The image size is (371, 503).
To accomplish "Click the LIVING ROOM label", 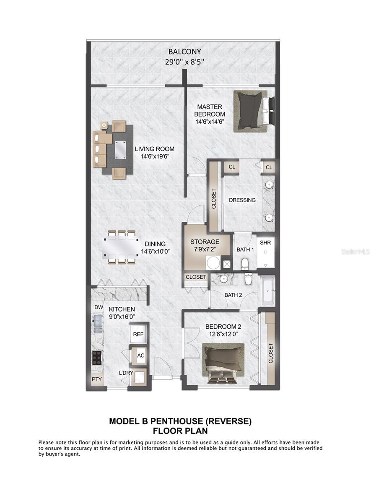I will click(x=154, y=149).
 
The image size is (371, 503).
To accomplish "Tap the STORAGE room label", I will click(x=205, y=242).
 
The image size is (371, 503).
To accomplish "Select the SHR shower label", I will click(x=265, y=243).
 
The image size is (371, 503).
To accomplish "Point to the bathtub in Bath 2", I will click(x=267, y=290).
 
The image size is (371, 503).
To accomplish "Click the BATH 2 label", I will click(x=233, y=295).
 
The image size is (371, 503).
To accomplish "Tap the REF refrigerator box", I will click(x=138, y=334).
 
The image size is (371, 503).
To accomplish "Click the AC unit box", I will click(x=141, y=355).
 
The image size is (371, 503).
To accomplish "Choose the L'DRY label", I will click(x=126, y=373).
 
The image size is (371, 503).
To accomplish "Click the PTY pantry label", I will click(x=97, y=380).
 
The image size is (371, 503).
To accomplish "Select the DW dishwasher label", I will click(x=99, y=307).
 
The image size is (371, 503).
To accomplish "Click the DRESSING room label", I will click(x=242, y=200).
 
